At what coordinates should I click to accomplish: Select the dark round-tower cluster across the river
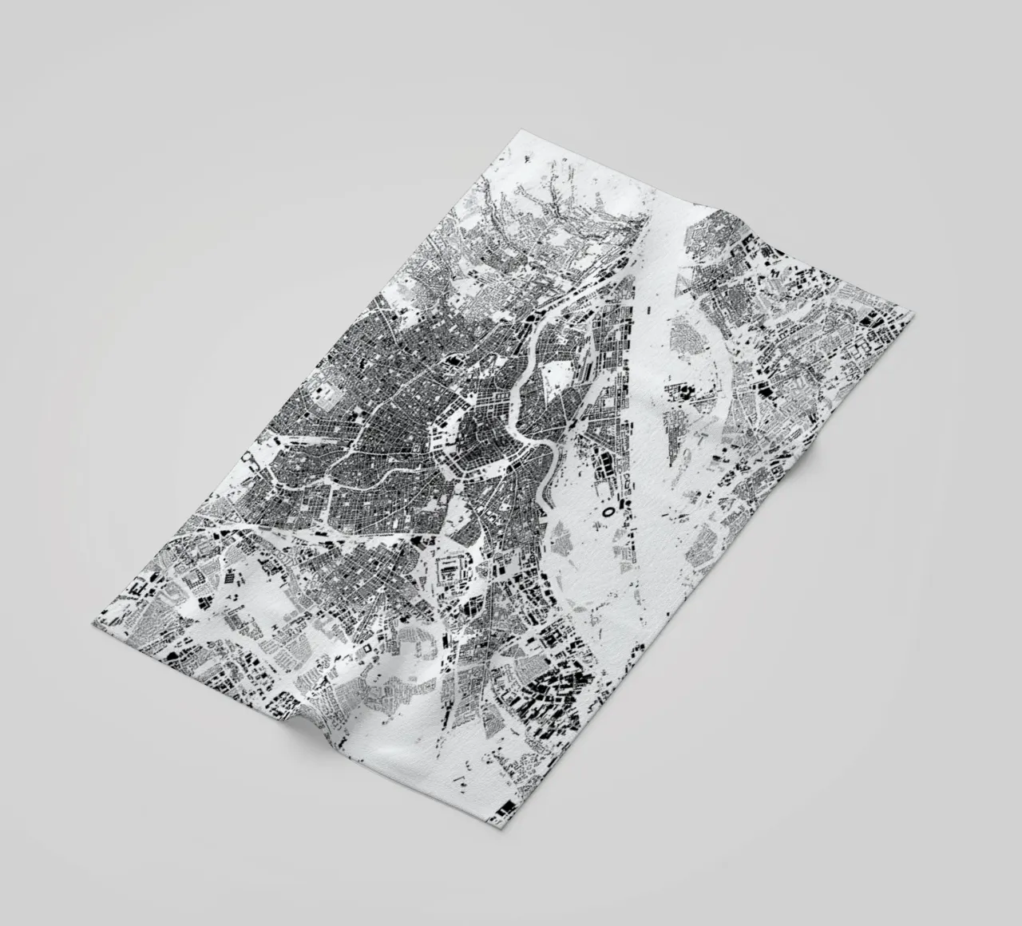679,391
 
